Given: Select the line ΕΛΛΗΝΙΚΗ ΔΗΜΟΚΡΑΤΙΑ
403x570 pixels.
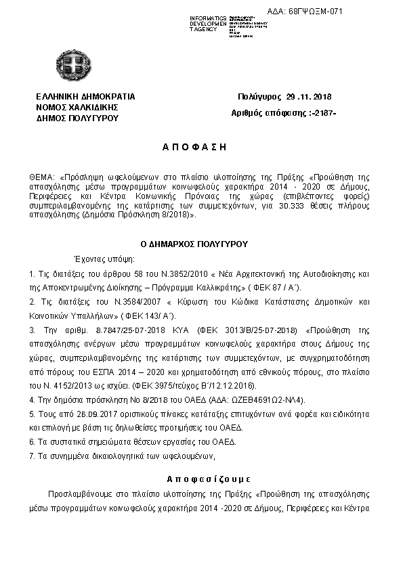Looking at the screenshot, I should point(85,97).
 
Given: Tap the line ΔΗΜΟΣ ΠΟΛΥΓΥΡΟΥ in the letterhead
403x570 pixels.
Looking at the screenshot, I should point(77,117).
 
